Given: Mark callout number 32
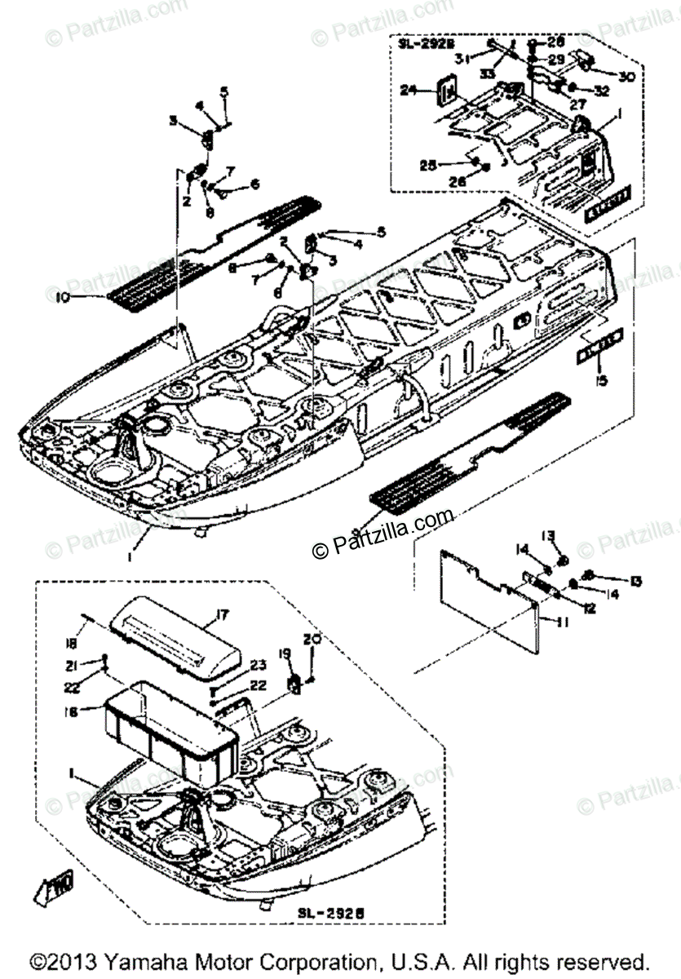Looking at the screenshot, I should pyautogui.click(x=602, y=91).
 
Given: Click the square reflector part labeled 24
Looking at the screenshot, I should pyautogui.click(x=447, y=93).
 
